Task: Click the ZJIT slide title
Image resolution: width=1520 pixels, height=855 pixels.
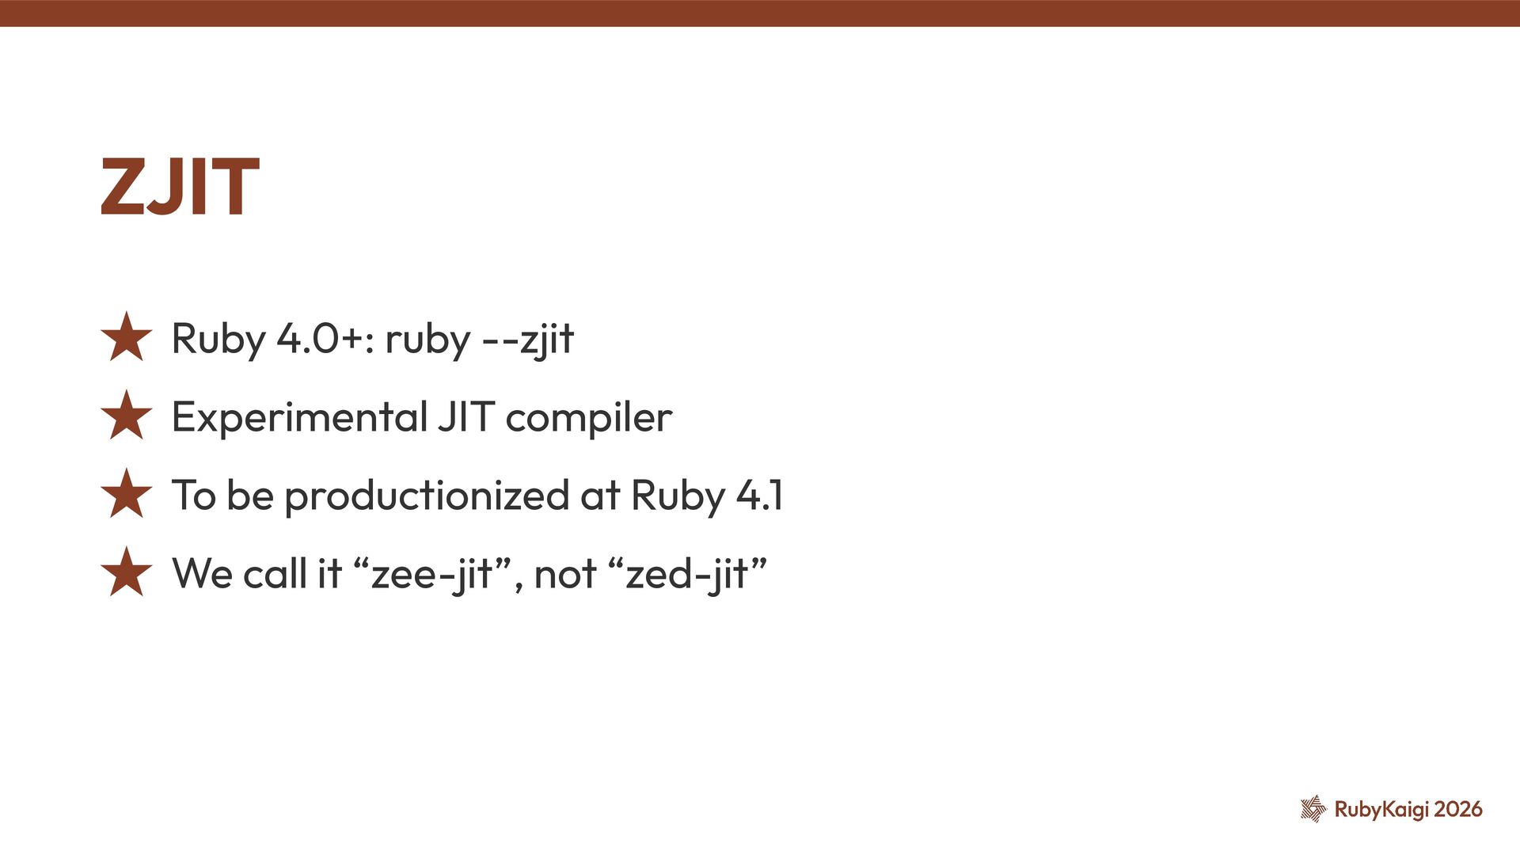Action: point(180,187)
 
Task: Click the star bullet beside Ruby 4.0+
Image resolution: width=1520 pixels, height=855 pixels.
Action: point(127,337)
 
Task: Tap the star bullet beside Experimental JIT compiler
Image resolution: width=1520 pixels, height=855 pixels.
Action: point(127,416)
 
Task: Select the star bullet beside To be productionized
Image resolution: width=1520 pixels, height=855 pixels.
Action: point(127,494)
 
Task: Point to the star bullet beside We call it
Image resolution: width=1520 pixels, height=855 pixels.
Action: point(127,572)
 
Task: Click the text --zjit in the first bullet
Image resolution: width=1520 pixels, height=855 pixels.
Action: point(527,339)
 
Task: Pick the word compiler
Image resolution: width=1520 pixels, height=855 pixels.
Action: point(589,418)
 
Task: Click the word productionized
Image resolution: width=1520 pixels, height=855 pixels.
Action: point(427,496)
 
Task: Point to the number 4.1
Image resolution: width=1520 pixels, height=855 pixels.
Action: point(759,496)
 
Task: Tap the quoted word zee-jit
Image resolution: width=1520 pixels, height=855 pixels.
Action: point(432,574)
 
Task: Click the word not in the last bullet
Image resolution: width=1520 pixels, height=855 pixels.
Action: point(564,574)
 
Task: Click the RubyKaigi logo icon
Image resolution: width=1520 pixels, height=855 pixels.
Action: point(1313,808)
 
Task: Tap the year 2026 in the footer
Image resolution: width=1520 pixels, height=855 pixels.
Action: point(1458,809)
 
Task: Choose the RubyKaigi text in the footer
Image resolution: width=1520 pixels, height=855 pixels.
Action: point(1381,809)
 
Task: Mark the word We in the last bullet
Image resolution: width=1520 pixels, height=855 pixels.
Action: point(202,574)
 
